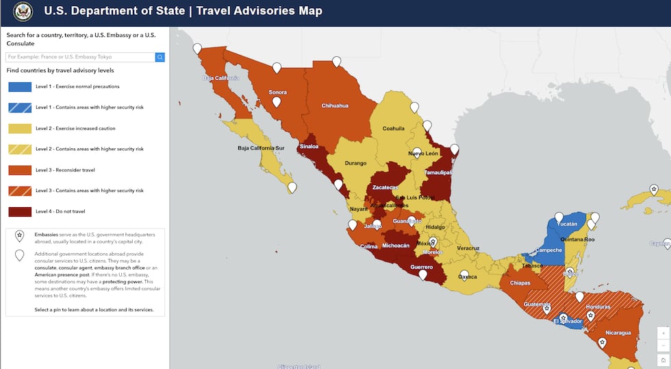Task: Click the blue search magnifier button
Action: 160,57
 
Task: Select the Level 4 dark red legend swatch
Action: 19,211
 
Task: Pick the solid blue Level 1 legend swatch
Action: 19,86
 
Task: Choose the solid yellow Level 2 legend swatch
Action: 19,128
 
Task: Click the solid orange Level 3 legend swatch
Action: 19,169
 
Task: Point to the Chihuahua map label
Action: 335,106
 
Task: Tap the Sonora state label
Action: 277,92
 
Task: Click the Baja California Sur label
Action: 260,147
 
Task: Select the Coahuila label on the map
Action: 394,128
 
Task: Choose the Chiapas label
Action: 520,283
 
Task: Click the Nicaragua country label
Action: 617,333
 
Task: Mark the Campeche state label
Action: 548,250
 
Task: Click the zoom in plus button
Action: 662,332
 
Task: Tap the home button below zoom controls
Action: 662,359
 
